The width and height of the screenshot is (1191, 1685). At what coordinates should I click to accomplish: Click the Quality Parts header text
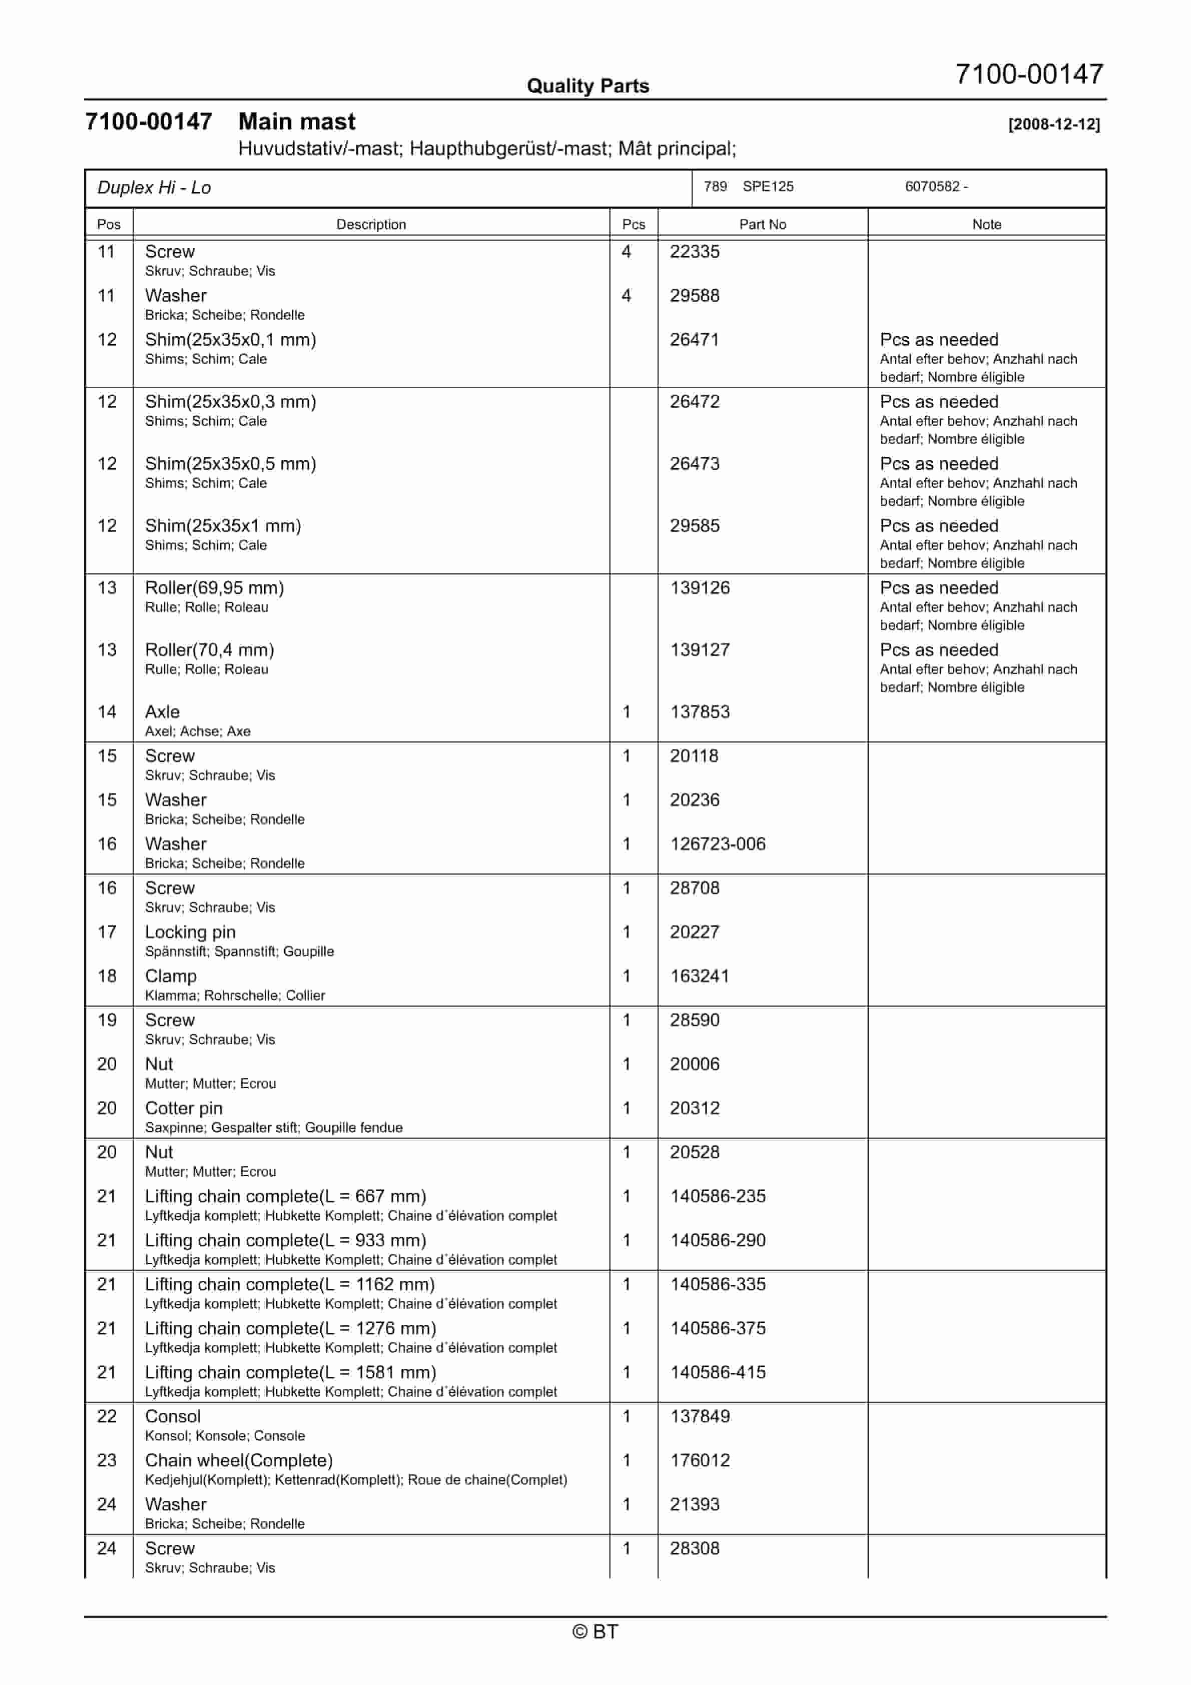click(587, 86)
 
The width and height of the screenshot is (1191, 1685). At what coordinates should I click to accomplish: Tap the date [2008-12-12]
click(1054, 124)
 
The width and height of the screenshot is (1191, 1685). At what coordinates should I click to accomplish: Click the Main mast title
click(297, 122)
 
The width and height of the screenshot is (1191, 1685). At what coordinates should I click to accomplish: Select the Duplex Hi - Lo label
click(154, 188)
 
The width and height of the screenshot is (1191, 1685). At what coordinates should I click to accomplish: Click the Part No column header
click(762, 225)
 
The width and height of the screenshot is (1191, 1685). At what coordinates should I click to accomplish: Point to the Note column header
click(986, 225)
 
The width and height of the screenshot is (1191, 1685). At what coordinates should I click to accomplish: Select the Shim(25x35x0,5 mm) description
click(231, 464)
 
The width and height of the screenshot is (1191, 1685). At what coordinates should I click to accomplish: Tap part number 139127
click(700, 650)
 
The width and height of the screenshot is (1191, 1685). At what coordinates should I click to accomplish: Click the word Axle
click(162, 712)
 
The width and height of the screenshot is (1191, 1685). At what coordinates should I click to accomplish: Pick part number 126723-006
click(718, 844)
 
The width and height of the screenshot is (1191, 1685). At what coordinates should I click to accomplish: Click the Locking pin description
click(190, 932)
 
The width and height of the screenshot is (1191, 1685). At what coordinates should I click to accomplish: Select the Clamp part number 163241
click(700, 976)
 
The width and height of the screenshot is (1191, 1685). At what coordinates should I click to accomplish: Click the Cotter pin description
click(184, 1108)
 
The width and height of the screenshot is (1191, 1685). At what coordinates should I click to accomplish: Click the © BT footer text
click(595, 1631)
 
